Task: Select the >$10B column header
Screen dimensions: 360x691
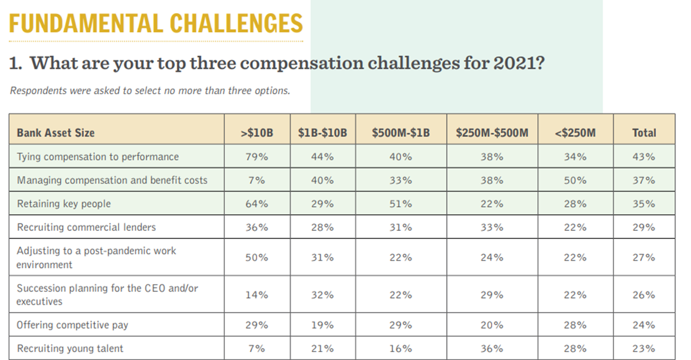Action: pyautogui.click(x=256, y=132)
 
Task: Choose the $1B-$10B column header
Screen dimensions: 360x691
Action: pyautogui.click(x=322, y=132)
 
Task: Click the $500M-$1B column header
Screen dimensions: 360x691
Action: pyautogui.click(x=400, y=132)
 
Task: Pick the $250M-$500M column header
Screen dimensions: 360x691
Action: pyautogui.click(x=492, y=132)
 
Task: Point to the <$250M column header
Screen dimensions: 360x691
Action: pyautogui.click(x=575, y=132)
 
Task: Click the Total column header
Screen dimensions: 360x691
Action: pyautogui.click(x=644, y=132)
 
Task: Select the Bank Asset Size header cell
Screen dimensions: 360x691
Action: pyautogui.click(x=56, y=132)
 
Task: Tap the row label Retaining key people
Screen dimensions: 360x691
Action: pyautogui.click(x=64, y=204)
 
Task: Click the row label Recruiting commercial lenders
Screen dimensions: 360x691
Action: pyautogui.click(x=86, y=227)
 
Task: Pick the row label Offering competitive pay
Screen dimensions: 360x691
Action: pyautogui.click(x=73, y=325)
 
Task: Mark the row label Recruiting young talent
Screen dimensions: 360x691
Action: pyautogui.click(x=70, y=348)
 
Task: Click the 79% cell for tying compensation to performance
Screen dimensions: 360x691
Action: pyautogui.click(x=256, y=156)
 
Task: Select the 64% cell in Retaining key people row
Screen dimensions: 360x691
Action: pyautogui.click(x=256, y=204)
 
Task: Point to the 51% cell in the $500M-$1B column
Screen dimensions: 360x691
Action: pyautogui.click(x=400, y=204)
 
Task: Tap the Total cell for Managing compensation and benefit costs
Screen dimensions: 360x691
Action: pyautogui.click(x=644, y=180)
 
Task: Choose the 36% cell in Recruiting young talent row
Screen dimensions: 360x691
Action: pyautogui.click(x=492, y=348)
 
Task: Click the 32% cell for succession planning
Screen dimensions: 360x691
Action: pyautogui.click(x=322, y=295)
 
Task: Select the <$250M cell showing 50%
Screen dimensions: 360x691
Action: pyautogui.click(x=575, y=180)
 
